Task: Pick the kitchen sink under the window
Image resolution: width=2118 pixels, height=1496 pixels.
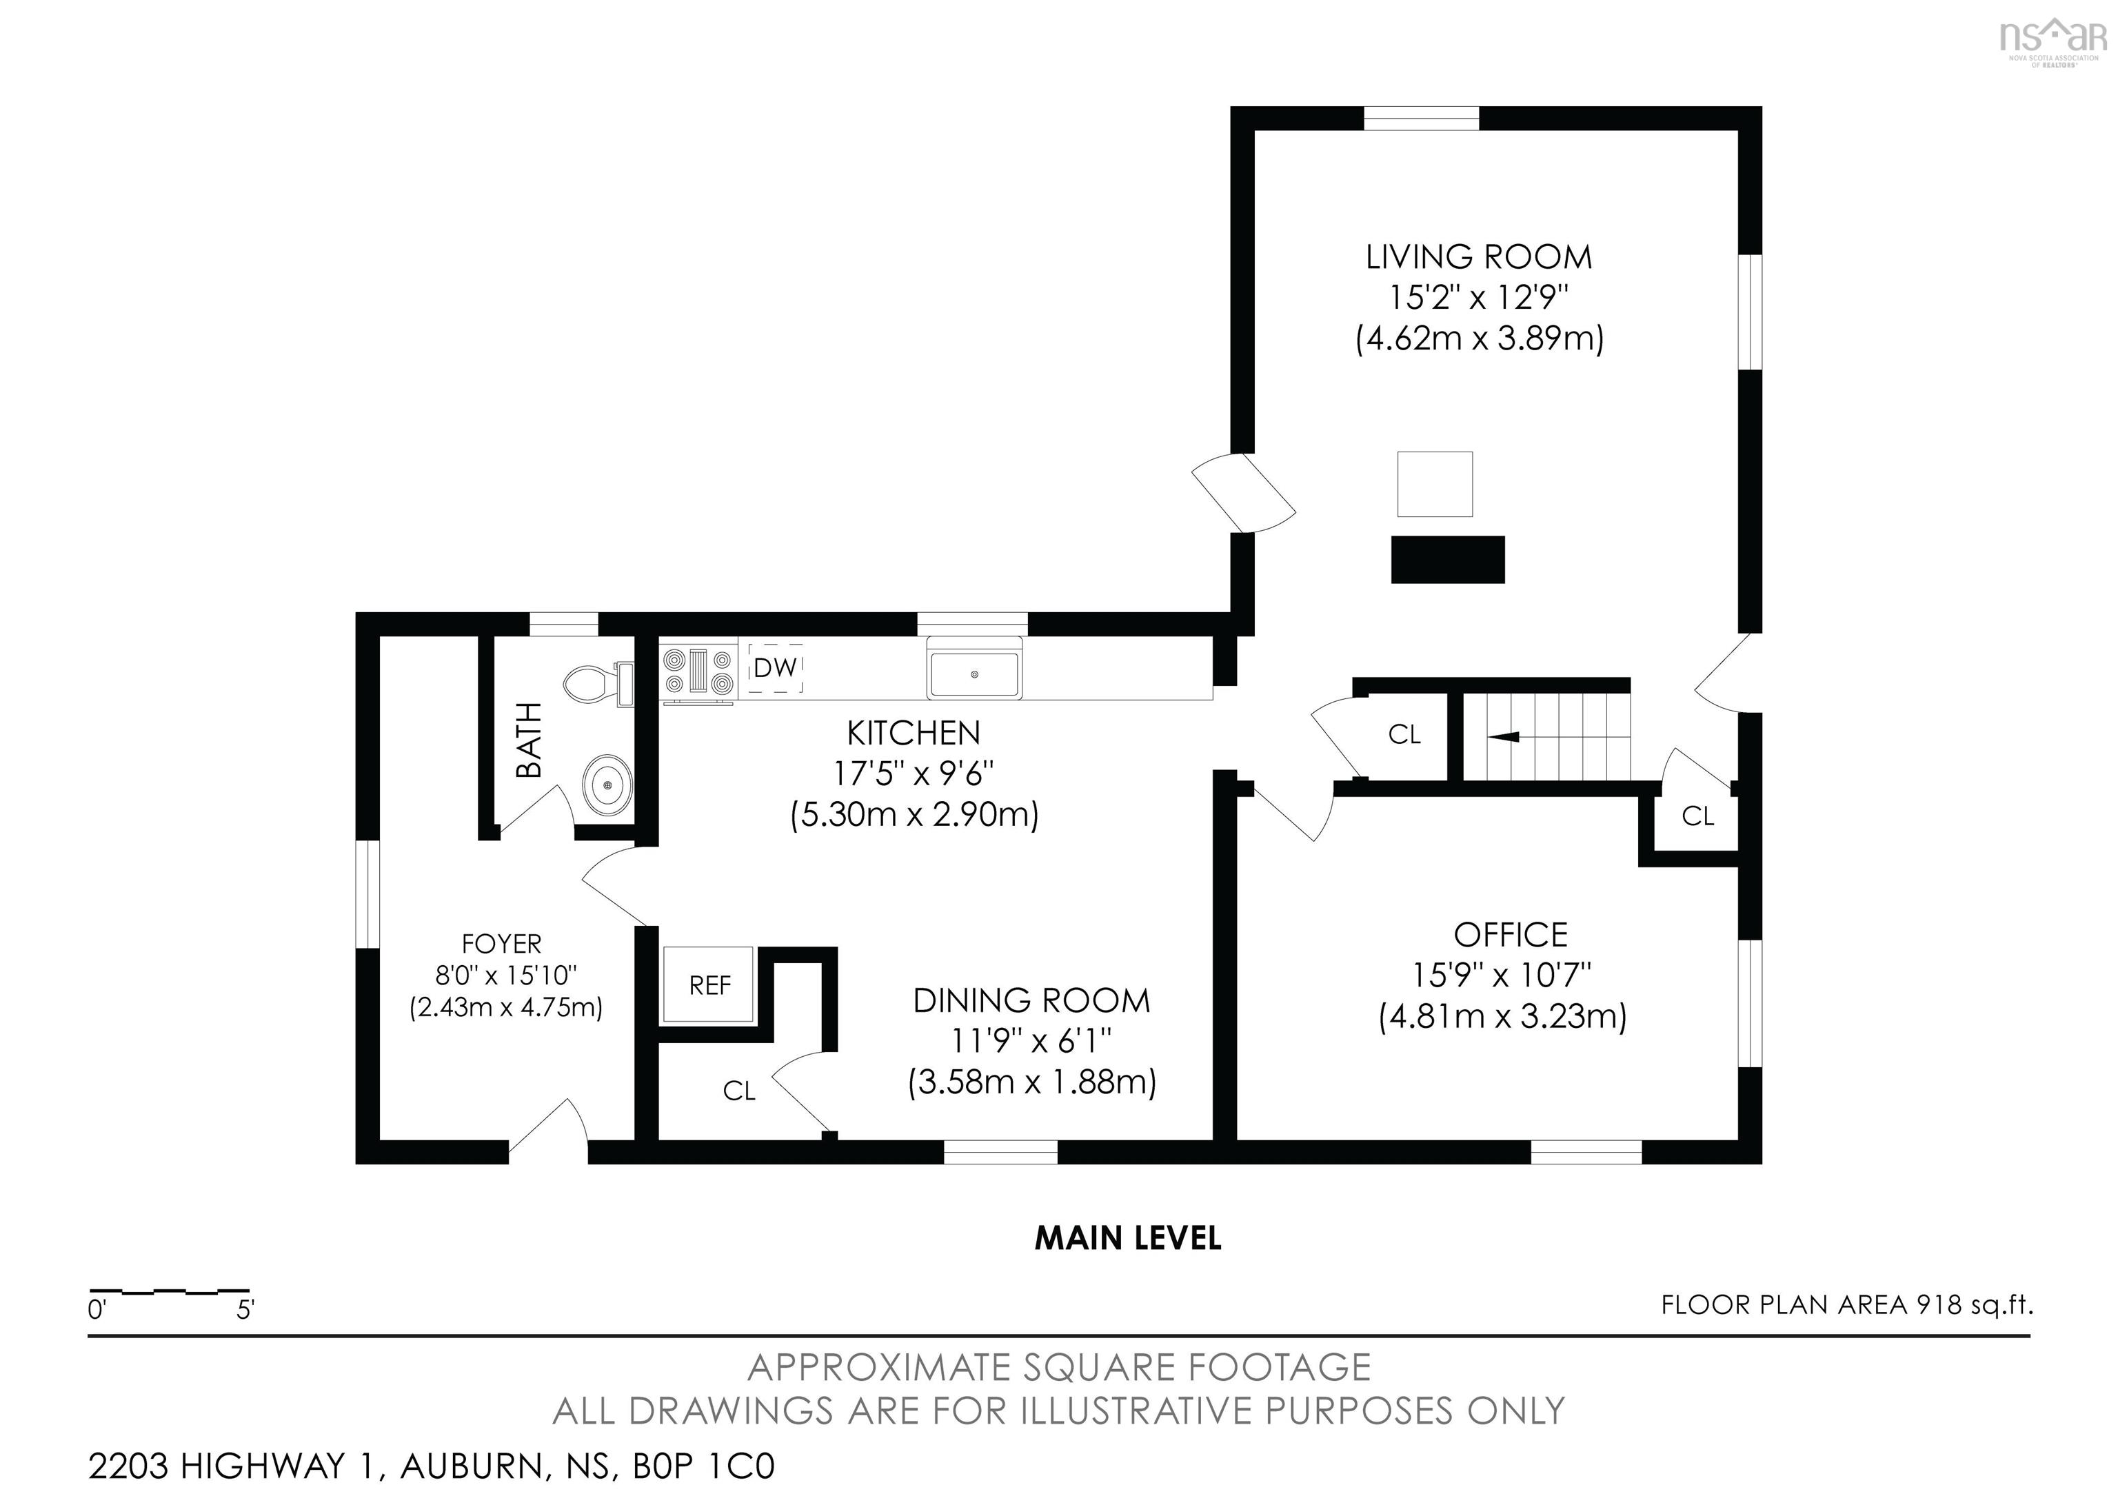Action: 974,674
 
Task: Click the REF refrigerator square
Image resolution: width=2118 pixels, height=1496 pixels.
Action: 709,985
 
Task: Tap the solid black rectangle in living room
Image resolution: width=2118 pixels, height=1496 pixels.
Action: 1447,560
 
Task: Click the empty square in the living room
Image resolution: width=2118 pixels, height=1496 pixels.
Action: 1435,484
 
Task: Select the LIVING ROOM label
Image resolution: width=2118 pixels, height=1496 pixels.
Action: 1479,257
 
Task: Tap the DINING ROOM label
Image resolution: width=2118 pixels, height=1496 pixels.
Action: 1031,1001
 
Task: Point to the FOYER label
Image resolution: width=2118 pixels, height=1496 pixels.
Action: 501,944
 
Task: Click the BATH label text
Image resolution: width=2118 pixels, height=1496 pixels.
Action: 529,740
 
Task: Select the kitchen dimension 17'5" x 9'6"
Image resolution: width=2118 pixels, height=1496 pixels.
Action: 914,773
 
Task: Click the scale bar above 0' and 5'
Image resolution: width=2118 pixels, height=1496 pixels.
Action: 170,1291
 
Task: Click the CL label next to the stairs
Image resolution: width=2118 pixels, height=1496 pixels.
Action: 1404,734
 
